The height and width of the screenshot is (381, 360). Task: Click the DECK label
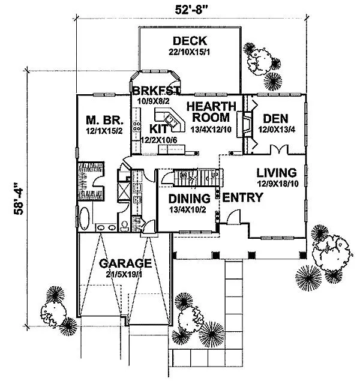(x=190, y=41)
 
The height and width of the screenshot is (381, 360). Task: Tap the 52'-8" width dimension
(x=191, y=10)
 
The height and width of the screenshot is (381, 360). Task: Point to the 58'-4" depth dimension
(x=19, y=199)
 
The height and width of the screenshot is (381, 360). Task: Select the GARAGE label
(x=125, y=263)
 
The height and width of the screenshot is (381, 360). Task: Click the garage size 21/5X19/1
(x=124, y=275)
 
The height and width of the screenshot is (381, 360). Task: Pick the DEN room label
(x=276, y=119)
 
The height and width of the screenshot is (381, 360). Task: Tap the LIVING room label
(x=277, y=173)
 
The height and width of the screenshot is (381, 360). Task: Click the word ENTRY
(x=242, y=197)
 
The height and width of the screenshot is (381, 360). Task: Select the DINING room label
(x=190, y=199)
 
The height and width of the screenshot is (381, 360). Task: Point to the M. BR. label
(x=104, y=120)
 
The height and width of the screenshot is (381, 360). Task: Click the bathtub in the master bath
(x=84, y=218)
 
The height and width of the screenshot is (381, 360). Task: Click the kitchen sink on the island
(x=171, y=121)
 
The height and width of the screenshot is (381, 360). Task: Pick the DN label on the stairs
(x=184, y=175)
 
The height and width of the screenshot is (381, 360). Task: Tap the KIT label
(x=158, y=129)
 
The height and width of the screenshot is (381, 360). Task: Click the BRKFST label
(x=156, y=91)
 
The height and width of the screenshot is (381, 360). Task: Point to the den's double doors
(x=280, y=149)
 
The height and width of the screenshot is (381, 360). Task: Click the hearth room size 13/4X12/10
(x=211, y=129)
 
